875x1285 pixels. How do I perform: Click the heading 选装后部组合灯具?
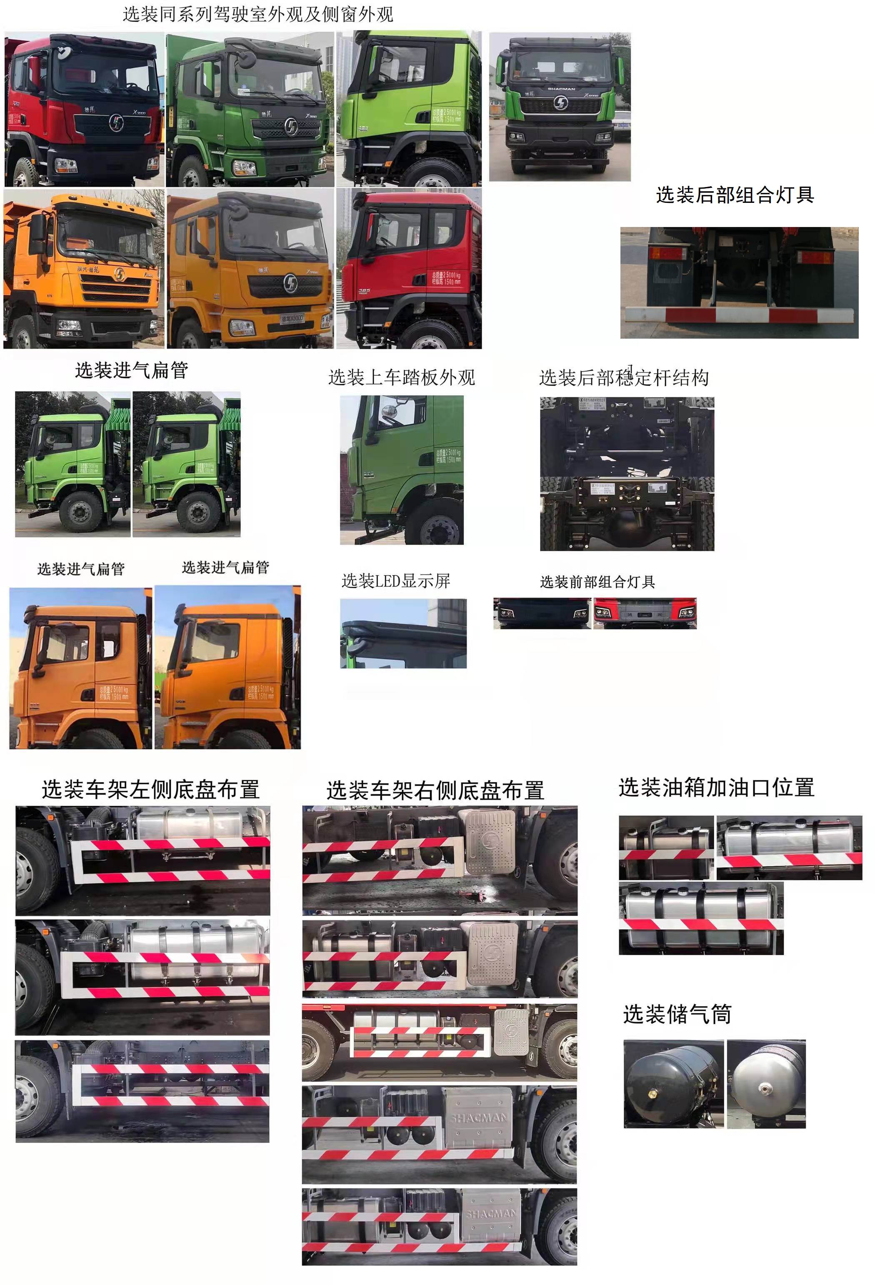pos(734,195)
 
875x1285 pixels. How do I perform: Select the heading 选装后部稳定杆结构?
pos(623,378)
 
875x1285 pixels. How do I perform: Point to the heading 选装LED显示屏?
pos(395,581)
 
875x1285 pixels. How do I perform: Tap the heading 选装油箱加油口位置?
pos(716,787)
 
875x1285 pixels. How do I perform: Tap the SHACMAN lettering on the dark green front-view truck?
pos(561,88)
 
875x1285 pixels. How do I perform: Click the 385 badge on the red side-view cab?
pos(364,291)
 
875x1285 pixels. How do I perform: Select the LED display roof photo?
pos(403,633)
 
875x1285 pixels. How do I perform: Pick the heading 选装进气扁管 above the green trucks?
pos(132,370)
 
